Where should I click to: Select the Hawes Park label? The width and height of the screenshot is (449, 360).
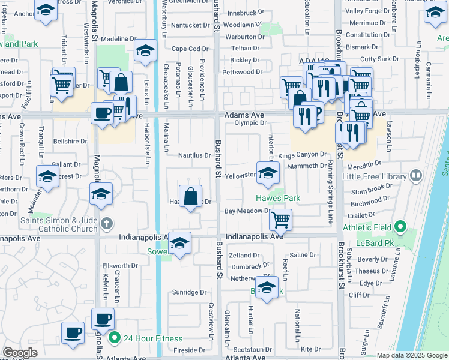(277, 198)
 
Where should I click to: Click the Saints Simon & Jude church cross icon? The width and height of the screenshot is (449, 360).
(106, 223)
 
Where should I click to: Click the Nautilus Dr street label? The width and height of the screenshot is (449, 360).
(194, 155)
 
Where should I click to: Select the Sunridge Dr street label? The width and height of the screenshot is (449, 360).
(190, 292)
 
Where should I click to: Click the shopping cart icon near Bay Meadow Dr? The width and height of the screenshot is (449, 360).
(280, 220)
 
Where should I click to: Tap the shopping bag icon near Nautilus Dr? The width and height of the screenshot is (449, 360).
(190, 196)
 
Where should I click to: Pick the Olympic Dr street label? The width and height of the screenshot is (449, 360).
(250, 123)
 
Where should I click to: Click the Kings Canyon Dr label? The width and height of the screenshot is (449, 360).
(302, 155)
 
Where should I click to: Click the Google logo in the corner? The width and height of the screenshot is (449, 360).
(20, 353)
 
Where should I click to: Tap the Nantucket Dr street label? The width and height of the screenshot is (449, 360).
(191, 25)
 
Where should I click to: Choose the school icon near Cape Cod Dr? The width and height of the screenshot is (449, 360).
(145, 52)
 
